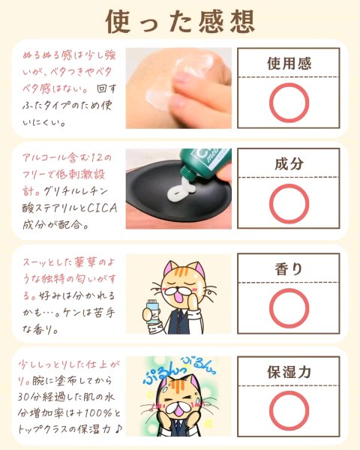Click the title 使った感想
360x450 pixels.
click(x=180, y=21)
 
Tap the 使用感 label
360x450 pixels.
click(x=289, y=64)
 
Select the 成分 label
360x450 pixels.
click(x=289, y=163)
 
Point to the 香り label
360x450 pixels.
click(x=289, y=269)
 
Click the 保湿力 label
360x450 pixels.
click(x=289, y=372)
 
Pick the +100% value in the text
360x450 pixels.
click(x=95, y=413)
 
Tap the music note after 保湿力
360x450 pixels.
click(x=118, y=429)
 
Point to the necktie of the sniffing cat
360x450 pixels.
click(x=178, y=318)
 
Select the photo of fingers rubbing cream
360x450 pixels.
click(x=178, y=88)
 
